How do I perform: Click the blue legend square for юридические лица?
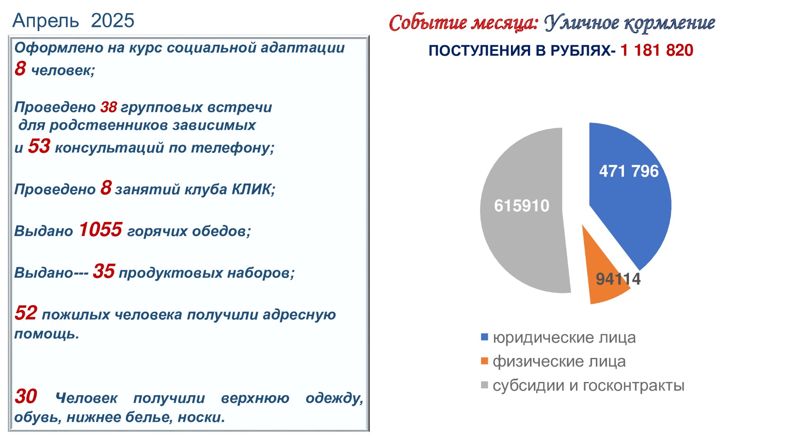coord(484,337)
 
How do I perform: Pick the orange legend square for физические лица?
coord(484,361)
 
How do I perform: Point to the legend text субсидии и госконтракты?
coord(588,386)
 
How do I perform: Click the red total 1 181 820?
coord(657,50)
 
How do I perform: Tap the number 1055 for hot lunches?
coord(100,230)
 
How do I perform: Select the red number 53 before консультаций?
coord(39,146)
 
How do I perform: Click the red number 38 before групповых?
coord(108,107)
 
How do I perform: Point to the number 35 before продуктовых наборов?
coord(104,271)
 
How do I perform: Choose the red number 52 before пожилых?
coord(26,313)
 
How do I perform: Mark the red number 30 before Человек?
coord(26,396)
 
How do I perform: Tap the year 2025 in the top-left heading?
coord(113,20)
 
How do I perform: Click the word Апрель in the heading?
coord(46,21)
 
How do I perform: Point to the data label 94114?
coord(618,279)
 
